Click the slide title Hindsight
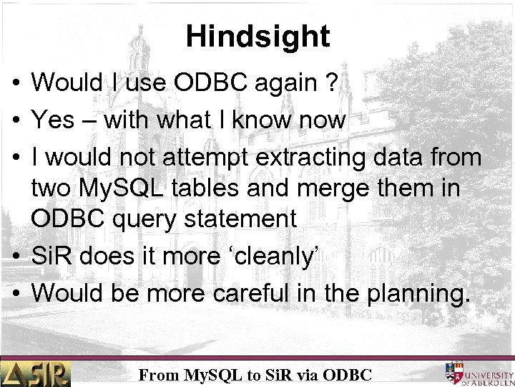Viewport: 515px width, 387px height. [257, 37]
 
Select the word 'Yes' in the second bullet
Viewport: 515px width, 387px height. [53, 120]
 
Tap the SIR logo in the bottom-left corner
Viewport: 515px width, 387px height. [36, 373]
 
